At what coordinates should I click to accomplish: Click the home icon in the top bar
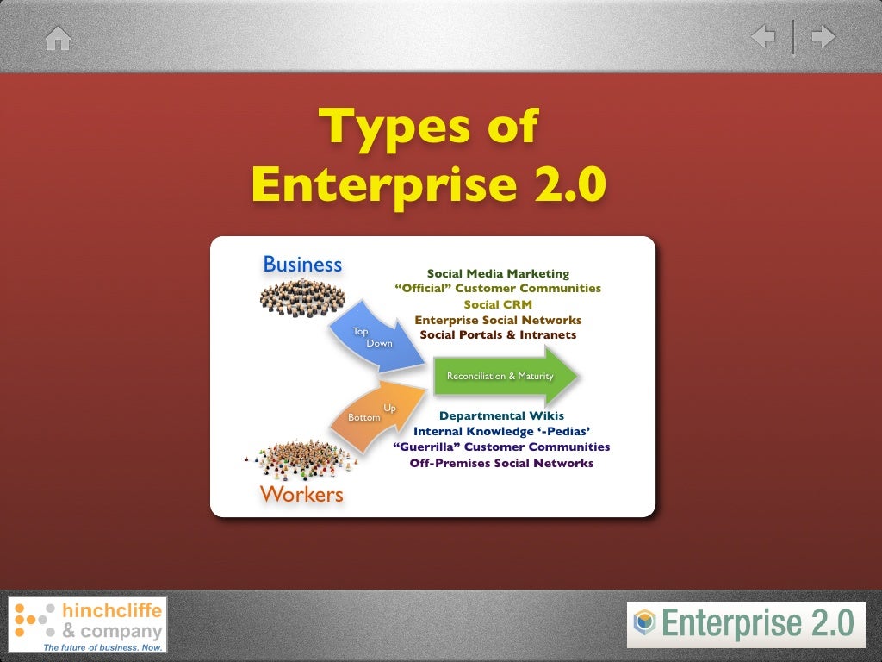pos(58,38)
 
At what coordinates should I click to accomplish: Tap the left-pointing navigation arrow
pos(763,37)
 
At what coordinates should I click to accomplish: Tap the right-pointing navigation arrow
pos(823,37)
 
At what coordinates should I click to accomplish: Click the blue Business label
pos(302,264)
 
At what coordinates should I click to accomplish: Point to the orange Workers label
pos(301,494)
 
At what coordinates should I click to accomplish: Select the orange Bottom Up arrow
pos(376,415)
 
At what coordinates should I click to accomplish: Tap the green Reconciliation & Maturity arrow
pos(504,376)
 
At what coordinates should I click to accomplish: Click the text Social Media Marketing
pos(498,273)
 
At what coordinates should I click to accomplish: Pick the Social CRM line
pos(498,304)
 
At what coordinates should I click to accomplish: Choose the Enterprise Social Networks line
pos(498,320)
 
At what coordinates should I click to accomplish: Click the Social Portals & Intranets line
pos(498,334)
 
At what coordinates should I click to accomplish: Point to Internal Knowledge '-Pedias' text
pos(501,431)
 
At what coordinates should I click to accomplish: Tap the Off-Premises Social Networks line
pos(501,463)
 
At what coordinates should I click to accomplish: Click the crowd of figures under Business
pos(301,297)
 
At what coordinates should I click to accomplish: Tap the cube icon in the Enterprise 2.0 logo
pos(644,621)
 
